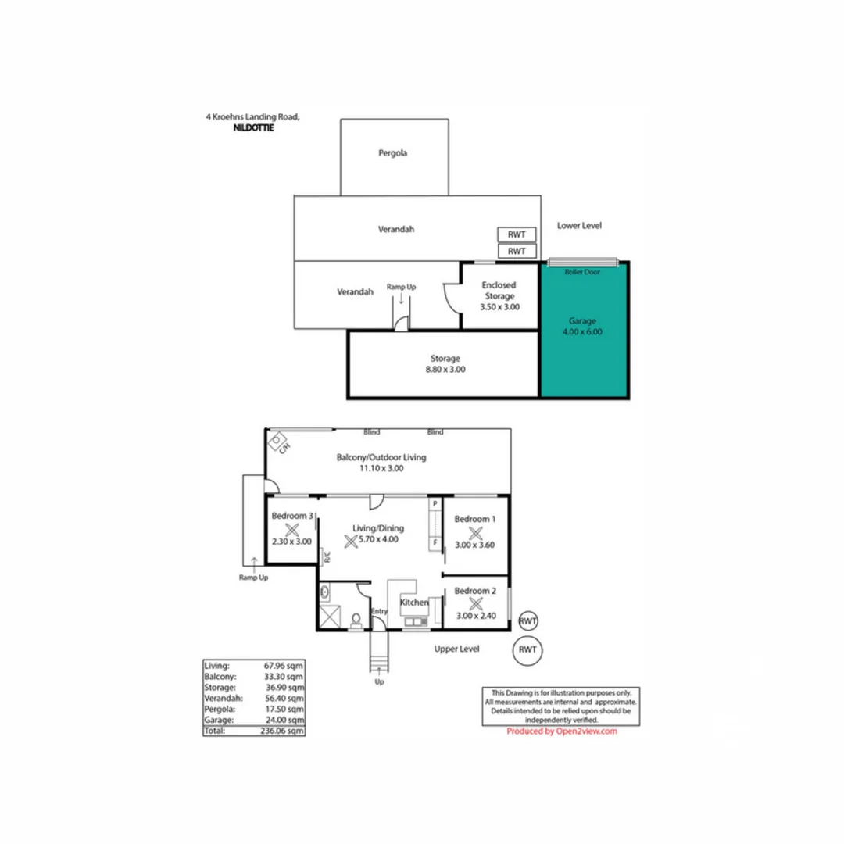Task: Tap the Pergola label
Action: coord(393,153)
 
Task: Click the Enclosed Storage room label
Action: coord(498,291)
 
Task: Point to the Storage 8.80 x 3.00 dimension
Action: coord(443,370)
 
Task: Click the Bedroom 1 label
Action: coord(475,519)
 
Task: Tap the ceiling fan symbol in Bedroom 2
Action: coord(475,603)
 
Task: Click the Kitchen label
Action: coord(414,603)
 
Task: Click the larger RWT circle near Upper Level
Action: coord(528,649)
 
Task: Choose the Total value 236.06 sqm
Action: coord(282,731)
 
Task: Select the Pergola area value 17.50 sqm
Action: coord(282,709)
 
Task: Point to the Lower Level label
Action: coord(579,225)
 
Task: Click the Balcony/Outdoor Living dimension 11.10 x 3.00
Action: coord(381,468)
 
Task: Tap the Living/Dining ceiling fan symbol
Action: coord(350,538)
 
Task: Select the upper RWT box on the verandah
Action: coord(517,234)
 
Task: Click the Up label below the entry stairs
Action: coord(380,681)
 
